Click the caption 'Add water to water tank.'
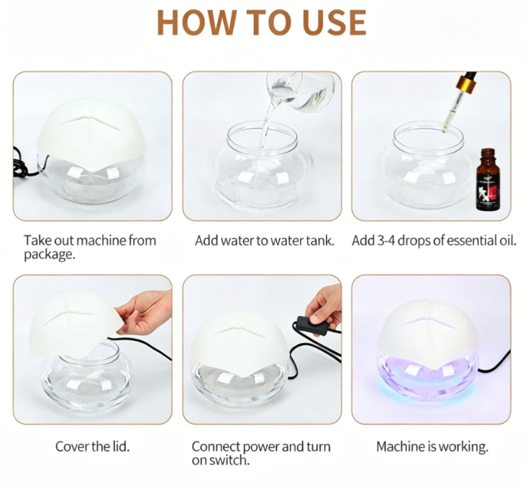(x=265, y=240)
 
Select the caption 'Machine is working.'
(x=432, y=447)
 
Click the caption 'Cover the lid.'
(x=92, y=447)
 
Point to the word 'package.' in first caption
(x=48, y=254)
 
